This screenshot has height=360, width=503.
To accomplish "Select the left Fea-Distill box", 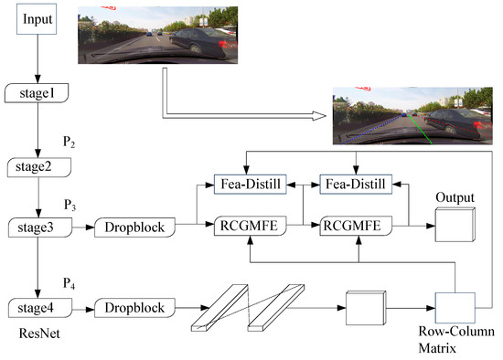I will point(251,185).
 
